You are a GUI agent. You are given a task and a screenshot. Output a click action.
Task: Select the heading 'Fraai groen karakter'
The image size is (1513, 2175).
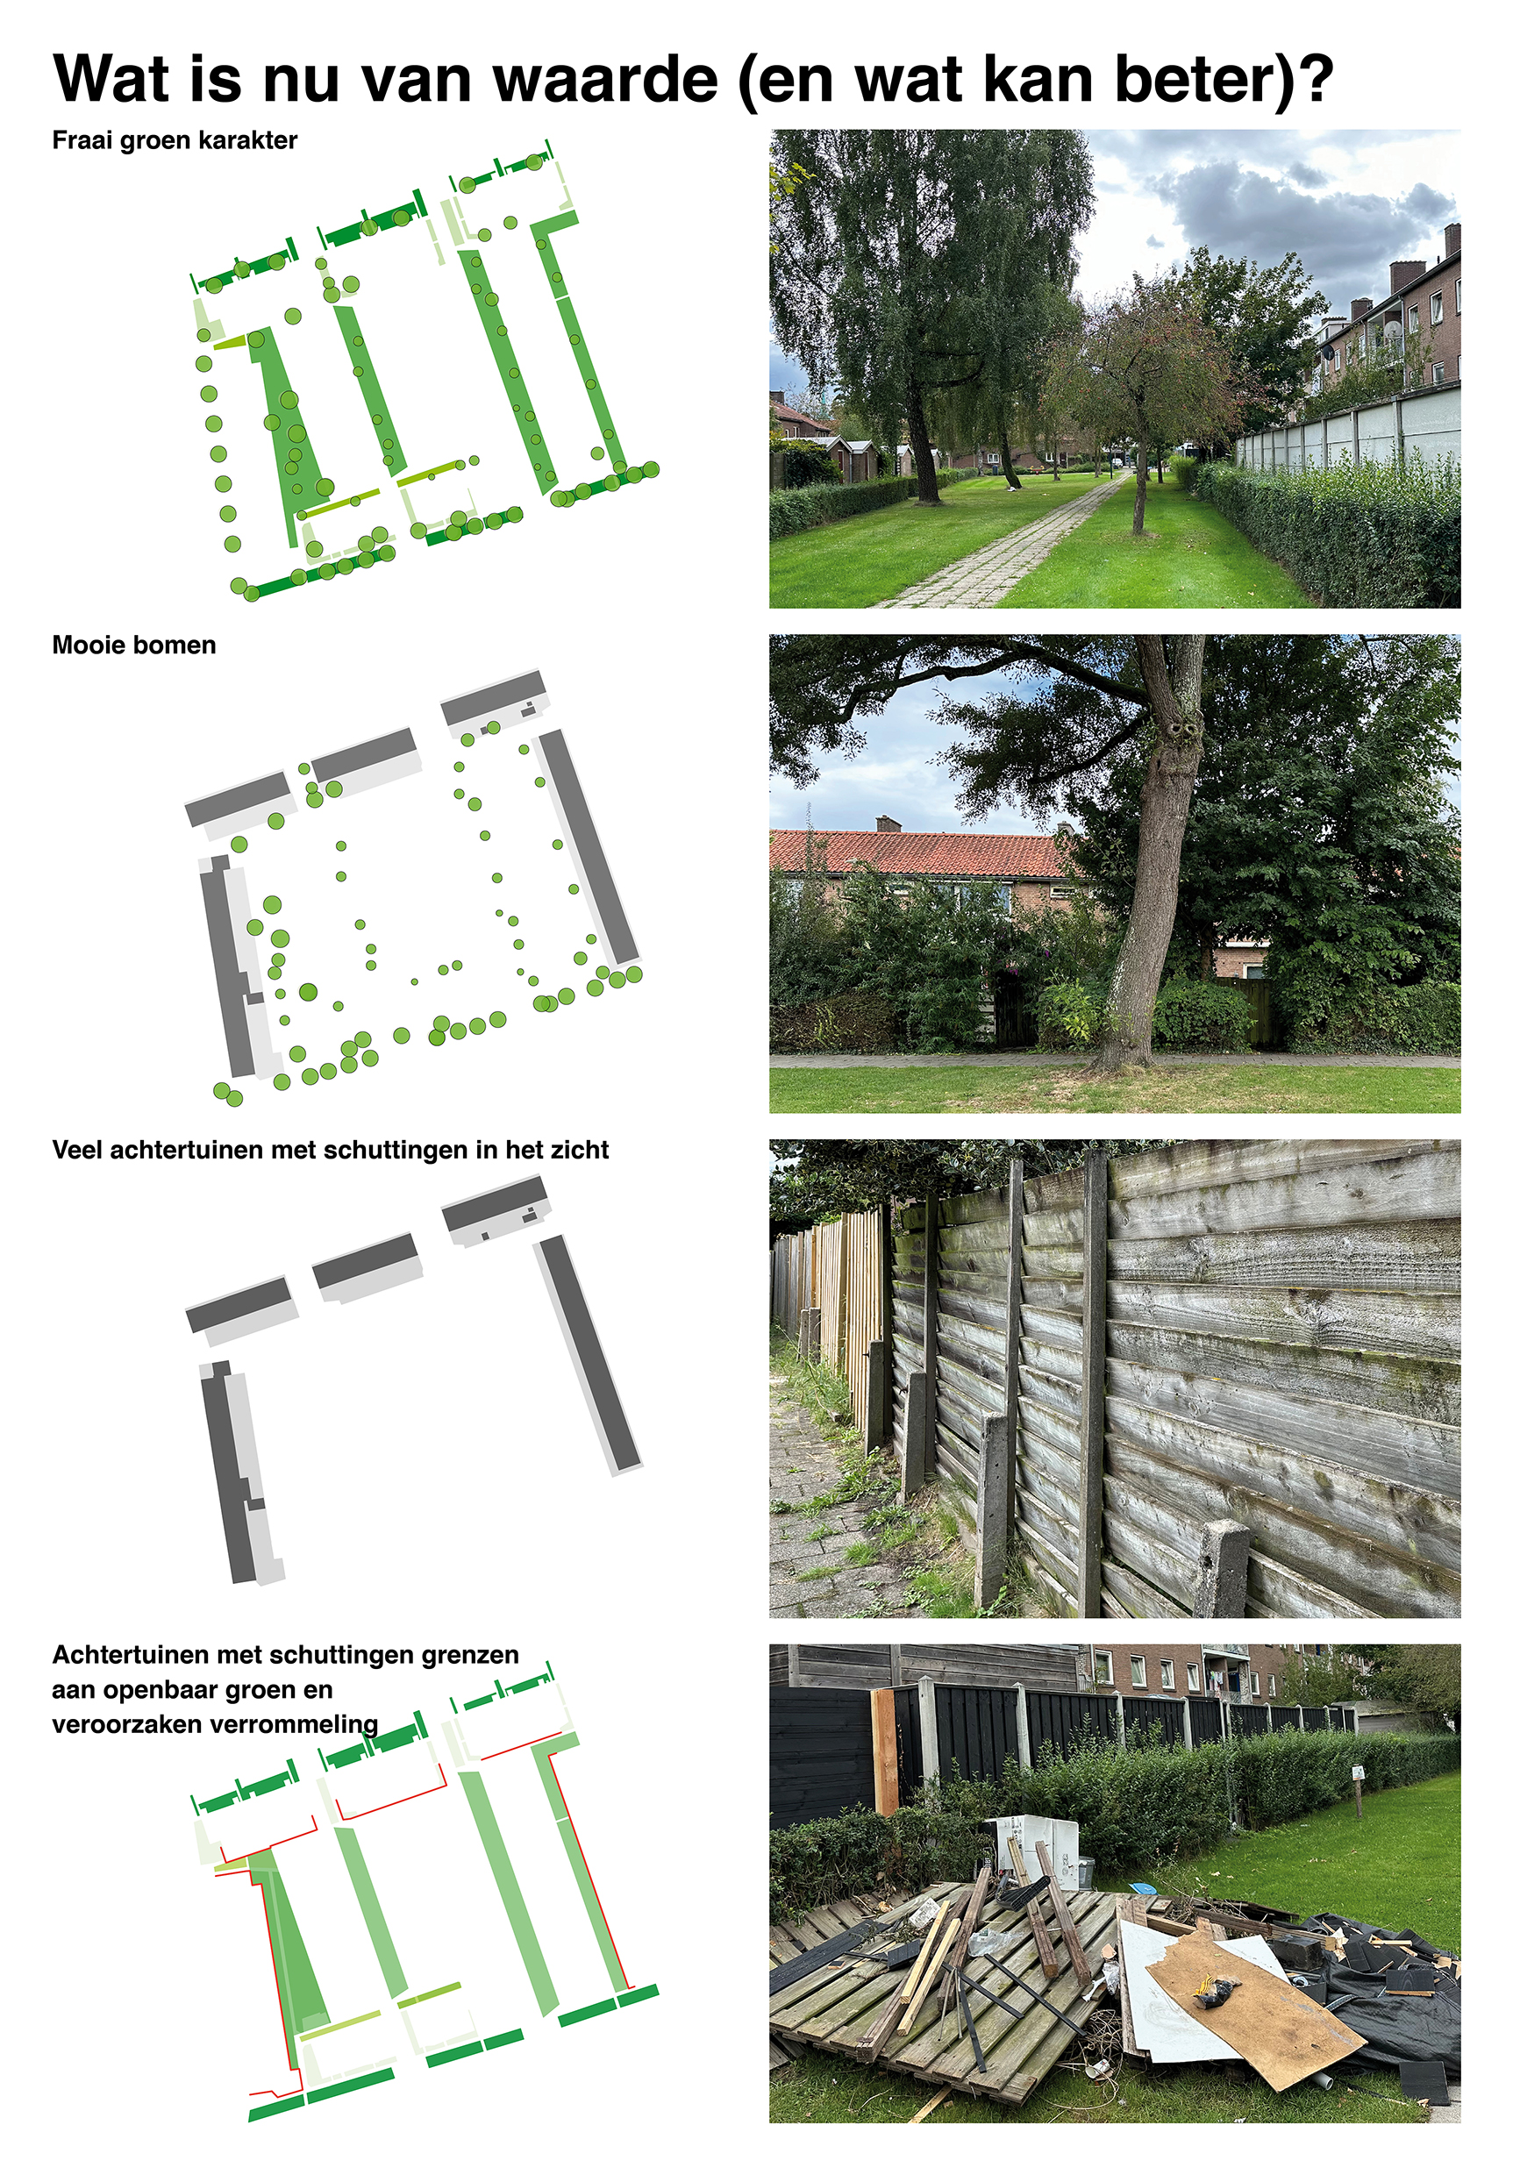[175, 140]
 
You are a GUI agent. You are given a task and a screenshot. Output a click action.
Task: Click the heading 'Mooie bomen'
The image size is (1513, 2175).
[133, 645]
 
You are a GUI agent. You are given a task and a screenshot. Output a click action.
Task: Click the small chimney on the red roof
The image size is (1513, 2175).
[886, 824]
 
